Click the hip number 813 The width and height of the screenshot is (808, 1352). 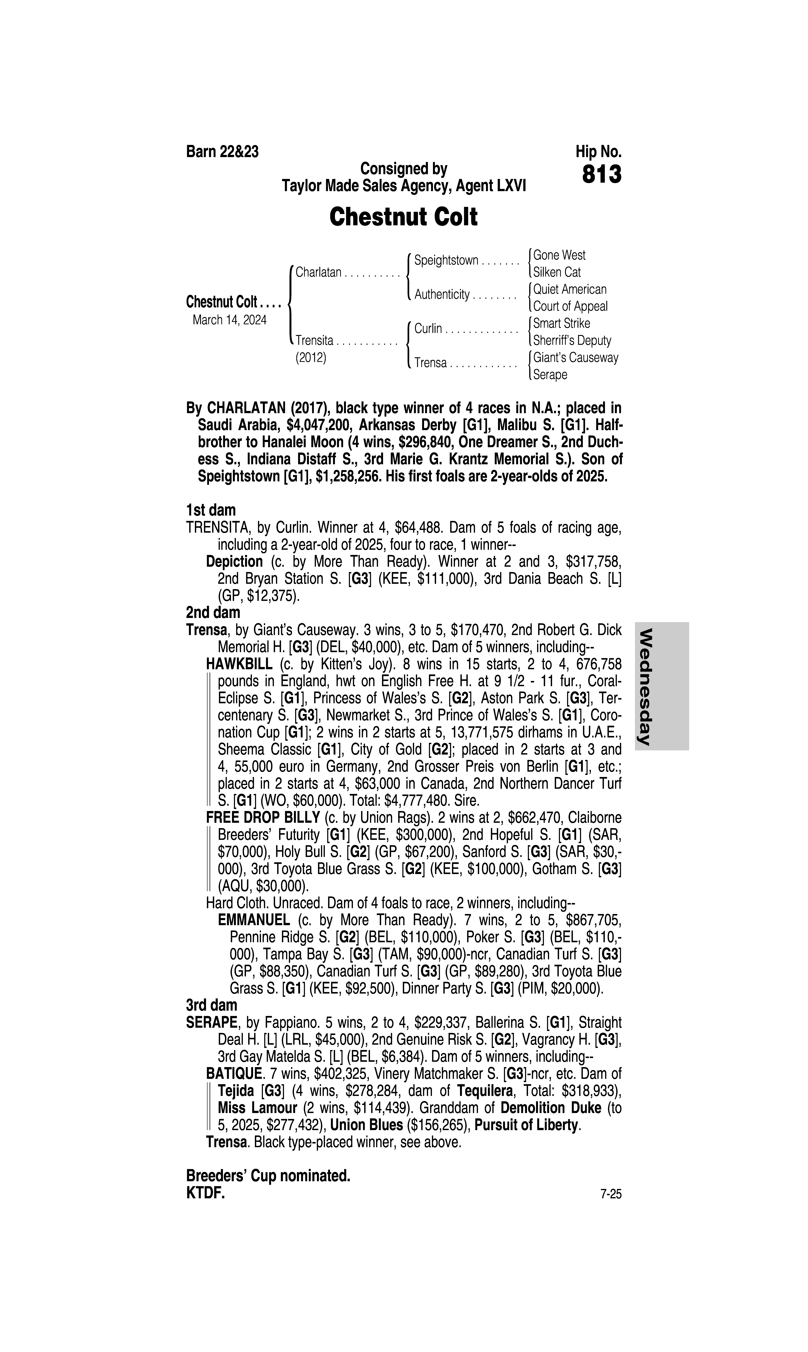pos(602,175)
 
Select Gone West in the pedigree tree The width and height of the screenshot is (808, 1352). pos(559,255)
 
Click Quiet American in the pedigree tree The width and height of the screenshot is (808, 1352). pos(569,289)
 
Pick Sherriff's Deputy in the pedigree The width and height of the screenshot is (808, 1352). pos(572,340)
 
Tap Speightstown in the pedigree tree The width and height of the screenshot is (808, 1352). pos(446,260)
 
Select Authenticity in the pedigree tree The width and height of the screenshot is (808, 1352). pos(442,295)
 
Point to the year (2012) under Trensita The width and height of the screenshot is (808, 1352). pos(311,358)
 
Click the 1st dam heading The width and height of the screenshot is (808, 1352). pos(211,510)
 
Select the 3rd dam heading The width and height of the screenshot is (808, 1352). pos(212,1005)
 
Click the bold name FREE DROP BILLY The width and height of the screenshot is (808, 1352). pos(262,818)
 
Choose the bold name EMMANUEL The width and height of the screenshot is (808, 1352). pos(254,920)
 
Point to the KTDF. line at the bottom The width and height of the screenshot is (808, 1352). pos(205,1193)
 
